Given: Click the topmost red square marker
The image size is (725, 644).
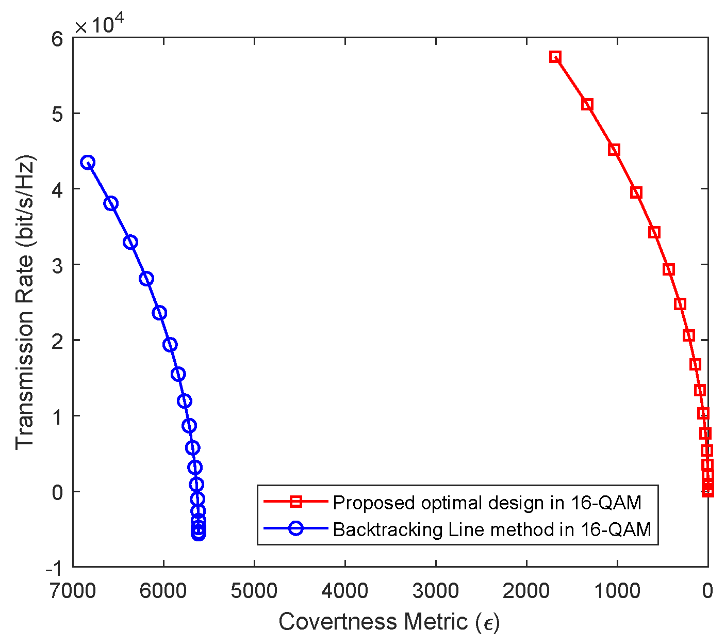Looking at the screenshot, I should click(x=555, y=57).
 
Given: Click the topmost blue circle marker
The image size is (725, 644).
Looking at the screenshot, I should click(x=88, y=163).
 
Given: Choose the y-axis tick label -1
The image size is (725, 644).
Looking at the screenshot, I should click(x=54, y=567).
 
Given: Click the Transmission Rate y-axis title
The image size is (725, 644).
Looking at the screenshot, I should click(x=24, y=302).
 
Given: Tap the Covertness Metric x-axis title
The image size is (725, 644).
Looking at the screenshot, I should click(x=389, y=622).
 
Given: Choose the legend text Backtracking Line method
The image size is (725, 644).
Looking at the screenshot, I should click(x=492, y=529).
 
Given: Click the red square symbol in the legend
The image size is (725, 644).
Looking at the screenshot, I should click(x=295, y=501).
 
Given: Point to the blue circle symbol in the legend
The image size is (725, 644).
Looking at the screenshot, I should click(x=295, y=528).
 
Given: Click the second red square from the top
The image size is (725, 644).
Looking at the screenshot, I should click(x=587, y=105).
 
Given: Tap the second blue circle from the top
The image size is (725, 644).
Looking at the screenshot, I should click(x=111, y=203).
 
